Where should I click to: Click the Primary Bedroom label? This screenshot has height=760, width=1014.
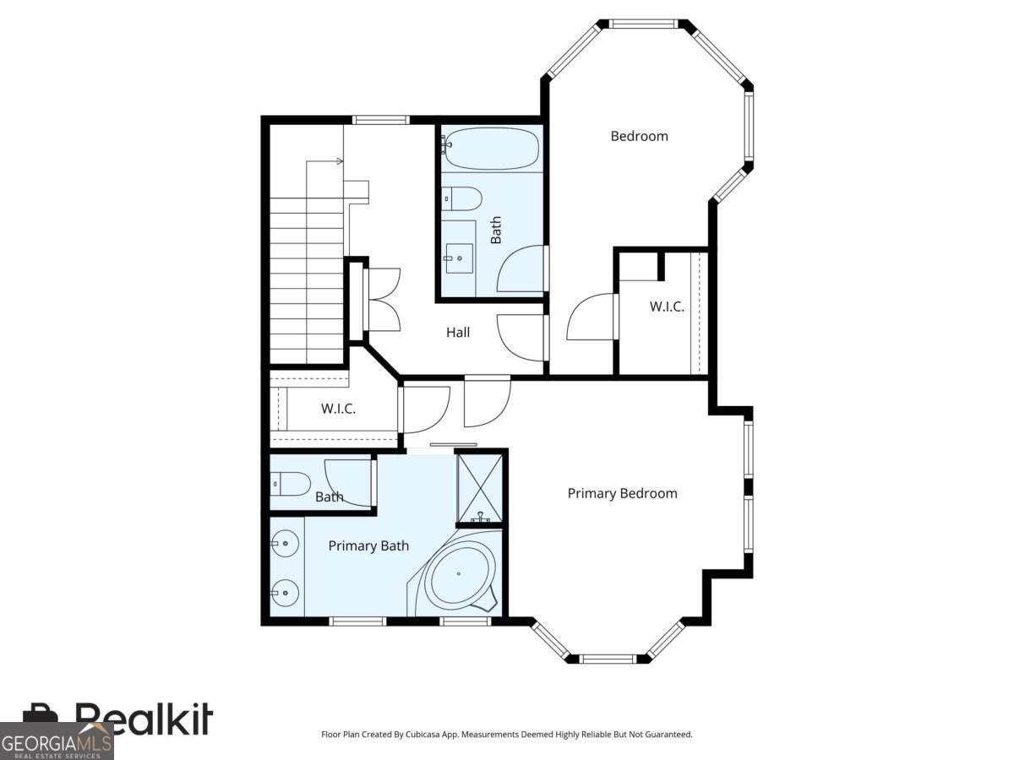[622, 493]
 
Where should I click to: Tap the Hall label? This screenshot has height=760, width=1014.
[458, 333]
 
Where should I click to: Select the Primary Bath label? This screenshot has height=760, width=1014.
[368, 546]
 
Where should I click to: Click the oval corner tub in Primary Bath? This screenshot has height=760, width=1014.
[460, 576]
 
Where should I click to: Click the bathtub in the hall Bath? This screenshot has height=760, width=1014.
[491, 149]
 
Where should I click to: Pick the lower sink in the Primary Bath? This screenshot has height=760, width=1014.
[286, 593]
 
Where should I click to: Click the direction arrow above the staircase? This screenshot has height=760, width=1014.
[325, 160]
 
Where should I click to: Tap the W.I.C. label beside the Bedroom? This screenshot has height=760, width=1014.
[667, 307]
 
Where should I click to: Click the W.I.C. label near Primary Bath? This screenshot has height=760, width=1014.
[338, 409]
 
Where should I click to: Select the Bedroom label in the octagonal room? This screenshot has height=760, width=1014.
[639, 136]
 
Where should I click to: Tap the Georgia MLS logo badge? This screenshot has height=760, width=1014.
[56, 741]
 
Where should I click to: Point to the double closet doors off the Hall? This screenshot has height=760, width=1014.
[382, 299]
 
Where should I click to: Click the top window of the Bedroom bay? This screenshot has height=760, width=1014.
[644, 24]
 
